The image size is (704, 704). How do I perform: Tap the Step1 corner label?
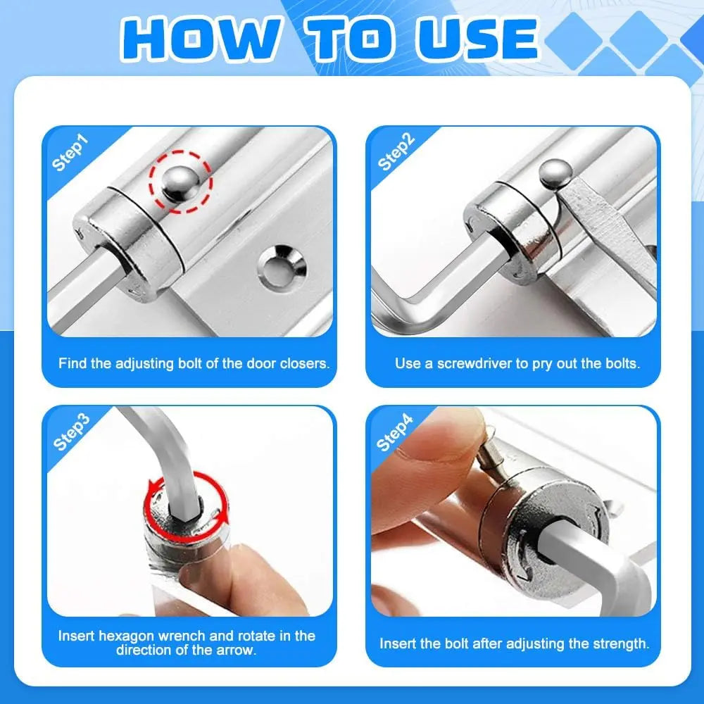[71, 154]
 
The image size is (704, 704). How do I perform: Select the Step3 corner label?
[71, 432]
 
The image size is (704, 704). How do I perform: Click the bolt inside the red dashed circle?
[178, 184]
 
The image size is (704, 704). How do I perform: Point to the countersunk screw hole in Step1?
[282, 266]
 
